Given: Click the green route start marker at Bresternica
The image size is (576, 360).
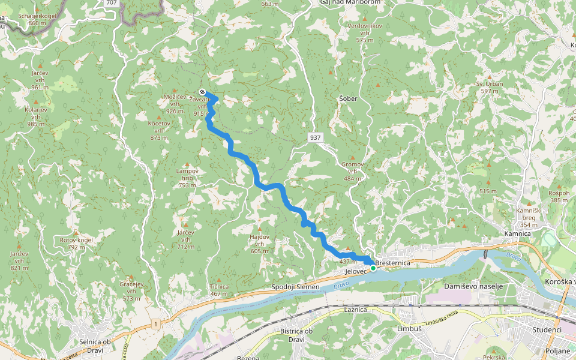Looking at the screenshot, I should tap(373, 268).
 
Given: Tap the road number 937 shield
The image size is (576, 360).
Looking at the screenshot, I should tap(316, 138).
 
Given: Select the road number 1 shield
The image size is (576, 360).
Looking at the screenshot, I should tap(155, 324).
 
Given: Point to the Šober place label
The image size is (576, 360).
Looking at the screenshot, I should tap(348, 98).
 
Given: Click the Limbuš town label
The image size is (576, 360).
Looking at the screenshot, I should tap(410, 329).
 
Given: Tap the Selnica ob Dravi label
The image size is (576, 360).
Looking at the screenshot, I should tap(95, 346).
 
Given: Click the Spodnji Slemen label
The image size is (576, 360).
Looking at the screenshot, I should tap(295, 287).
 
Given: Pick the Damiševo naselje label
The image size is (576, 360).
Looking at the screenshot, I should tap(473, 286).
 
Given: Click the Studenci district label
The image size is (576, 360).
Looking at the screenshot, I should tap(547, 330).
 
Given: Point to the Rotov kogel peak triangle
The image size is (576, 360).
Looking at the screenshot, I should tap(76, 232).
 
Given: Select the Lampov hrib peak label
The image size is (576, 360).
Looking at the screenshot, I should tap(187, 174).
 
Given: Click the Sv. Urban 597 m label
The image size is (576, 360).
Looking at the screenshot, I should tap(490, 87).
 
